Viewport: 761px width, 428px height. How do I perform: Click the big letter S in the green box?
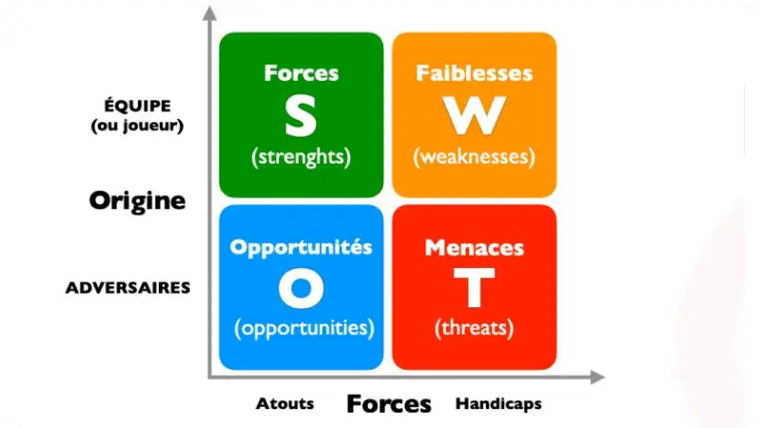tap(301, 116)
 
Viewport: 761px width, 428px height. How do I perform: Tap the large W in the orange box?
tap(474, 116)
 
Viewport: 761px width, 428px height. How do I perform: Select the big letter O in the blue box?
tap(301, 288)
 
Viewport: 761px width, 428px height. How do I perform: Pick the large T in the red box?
tap(474, 288)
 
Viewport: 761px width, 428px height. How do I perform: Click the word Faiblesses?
tap(474, 73)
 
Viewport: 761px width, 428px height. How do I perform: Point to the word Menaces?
tap(474, 247)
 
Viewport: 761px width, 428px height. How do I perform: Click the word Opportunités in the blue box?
tap(301, 246)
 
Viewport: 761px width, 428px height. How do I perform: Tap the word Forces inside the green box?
tap(301, 73)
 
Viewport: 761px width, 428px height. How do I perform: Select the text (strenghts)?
tap(301, 157)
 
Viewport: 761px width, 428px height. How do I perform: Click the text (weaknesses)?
tap(474, 157)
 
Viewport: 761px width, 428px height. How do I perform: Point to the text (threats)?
tap(474, 328)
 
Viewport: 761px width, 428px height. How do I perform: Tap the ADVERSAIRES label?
tap(128, 287)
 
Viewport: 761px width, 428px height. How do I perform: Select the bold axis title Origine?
tap(137, 201)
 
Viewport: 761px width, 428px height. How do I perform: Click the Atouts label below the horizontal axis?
tap(284, 403)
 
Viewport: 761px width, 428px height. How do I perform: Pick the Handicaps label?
tap(498, 403)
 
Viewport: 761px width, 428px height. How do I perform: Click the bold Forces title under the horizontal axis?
tap(388, 403)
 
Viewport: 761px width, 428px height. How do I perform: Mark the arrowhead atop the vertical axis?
tap(208, 14)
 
